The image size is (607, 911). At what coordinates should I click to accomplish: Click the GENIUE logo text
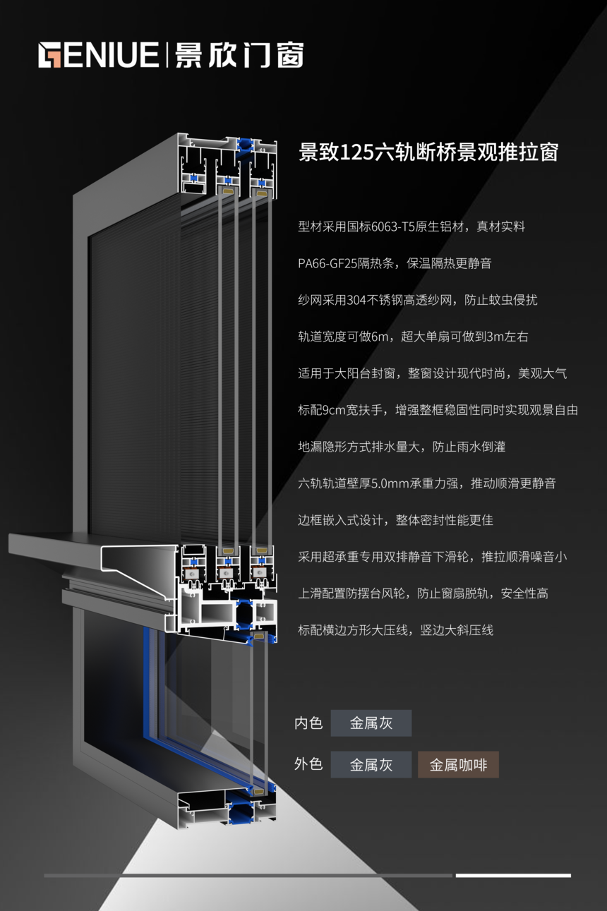99,55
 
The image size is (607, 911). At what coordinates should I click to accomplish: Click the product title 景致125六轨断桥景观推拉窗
428,152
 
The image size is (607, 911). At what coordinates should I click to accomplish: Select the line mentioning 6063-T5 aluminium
411,227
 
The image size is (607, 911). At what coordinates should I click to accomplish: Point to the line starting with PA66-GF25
395,263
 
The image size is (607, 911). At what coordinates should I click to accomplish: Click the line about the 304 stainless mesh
417,300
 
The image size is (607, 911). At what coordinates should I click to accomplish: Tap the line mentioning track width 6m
413,337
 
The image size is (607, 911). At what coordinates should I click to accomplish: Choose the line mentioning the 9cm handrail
438,410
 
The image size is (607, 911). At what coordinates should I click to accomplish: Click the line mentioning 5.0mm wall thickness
426,483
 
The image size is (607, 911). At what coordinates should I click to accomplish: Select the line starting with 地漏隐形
402,447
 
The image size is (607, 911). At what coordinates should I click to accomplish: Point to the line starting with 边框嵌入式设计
395,520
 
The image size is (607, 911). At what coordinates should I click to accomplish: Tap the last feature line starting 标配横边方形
395,630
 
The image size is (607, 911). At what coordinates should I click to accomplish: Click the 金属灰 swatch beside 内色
371,723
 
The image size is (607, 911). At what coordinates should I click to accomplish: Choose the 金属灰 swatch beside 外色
371,765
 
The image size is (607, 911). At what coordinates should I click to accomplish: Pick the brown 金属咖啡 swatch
458,765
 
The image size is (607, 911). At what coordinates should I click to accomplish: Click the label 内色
308,723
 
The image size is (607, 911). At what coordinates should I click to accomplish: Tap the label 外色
308,764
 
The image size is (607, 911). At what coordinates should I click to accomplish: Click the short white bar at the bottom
513,876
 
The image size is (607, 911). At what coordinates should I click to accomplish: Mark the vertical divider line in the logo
167,55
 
